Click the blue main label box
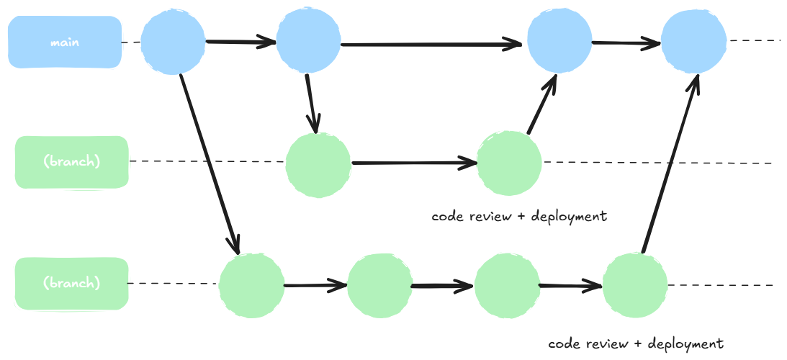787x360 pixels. coord(64,42)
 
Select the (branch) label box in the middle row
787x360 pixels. coord(71,162)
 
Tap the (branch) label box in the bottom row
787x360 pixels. coord(71,284)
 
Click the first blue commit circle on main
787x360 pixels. coord(173,42)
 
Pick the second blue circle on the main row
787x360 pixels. coord(308,42)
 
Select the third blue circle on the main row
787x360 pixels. coord(559,42)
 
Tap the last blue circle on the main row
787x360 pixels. coord(693,42)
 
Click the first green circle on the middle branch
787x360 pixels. coord(318,163)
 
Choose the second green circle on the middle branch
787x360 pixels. coord(510,163)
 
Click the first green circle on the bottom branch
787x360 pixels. coord(251,285)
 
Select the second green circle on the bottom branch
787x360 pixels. coord(379,285)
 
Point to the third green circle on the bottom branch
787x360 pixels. coord(507,285)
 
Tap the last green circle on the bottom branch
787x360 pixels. coord(634,285)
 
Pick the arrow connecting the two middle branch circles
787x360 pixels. coord(414,163)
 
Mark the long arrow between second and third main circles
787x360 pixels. coord(432,45)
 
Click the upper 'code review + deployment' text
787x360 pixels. coord(519,216)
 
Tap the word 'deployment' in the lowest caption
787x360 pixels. coord(685,343)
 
